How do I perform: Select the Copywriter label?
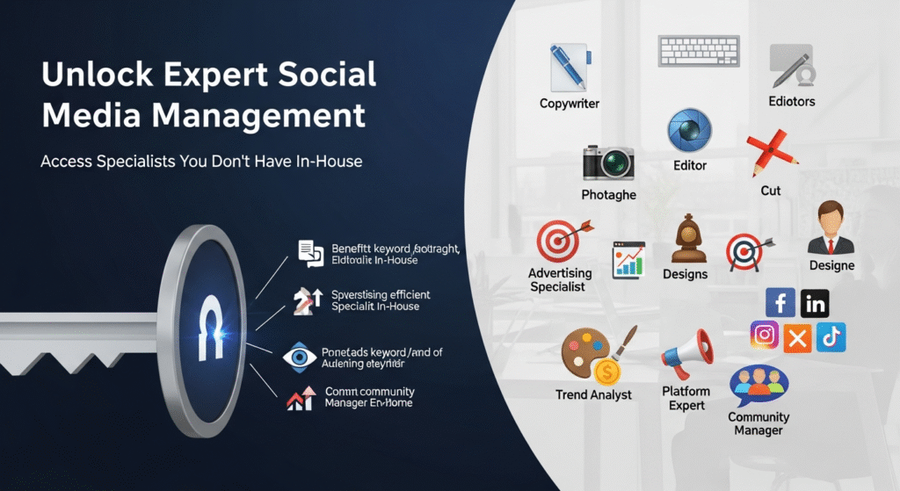(570, 104)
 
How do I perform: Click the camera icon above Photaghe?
(608, 162)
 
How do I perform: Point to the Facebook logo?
(780, 304)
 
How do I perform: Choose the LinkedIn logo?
(815, 304)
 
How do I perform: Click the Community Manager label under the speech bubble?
(758, 423)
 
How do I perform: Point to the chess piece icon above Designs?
(685, 239)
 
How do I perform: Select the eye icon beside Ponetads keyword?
(299, 357)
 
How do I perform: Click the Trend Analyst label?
(593, 394)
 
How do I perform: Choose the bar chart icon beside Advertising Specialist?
(628, 260)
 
